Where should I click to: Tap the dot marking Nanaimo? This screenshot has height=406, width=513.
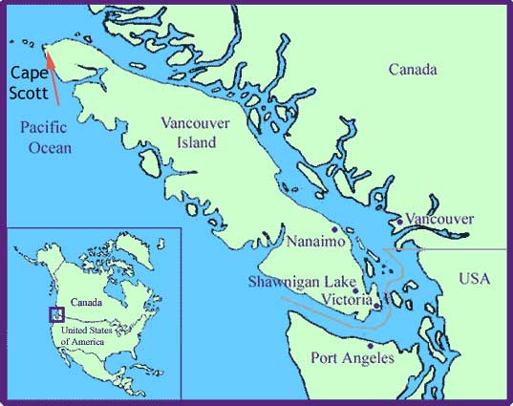[333, 230]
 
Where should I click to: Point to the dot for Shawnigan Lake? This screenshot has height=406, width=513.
[355, 290]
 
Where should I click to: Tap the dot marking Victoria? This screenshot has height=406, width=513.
[376, 306]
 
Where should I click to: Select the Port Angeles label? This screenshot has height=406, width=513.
[353, 358]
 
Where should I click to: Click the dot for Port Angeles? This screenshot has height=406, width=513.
[371, 346]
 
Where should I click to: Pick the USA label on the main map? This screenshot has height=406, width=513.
[473, 280]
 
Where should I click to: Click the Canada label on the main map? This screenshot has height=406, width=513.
[413, 71]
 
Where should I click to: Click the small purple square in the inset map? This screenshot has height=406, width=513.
[55, 313]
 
